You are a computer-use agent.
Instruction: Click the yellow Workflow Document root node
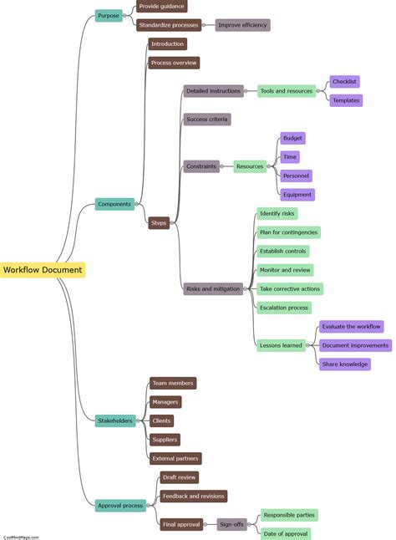(42, 270)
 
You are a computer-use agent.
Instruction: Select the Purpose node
(109, 15)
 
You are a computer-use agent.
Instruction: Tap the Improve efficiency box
(242, 25)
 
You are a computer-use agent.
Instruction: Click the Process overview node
(174, 63)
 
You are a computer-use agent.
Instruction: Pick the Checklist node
(345, 82)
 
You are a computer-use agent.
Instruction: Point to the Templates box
(346, 100)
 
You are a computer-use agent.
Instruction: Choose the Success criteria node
(207, 120)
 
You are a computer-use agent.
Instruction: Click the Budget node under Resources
(292, 138)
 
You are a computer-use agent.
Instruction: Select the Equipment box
(297, 195)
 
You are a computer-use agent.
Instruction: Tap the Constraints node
(201, 166)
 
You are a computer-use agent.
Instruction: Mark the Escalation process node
(285, 308)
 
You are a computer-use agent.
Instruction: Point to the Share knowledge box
(344, 364)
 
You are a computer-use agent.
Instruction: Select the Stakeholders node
(115, 420)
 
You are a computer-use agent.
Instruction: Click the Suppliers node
(165, 440)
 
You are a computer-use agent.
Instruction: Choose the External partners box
(175, 458)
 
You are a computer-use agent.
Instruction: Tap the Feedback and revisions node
(193, 496)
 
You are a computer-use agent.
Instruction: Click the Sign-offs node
(231, 524)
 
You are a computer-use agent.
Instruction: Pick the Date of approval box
(286, 533)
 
